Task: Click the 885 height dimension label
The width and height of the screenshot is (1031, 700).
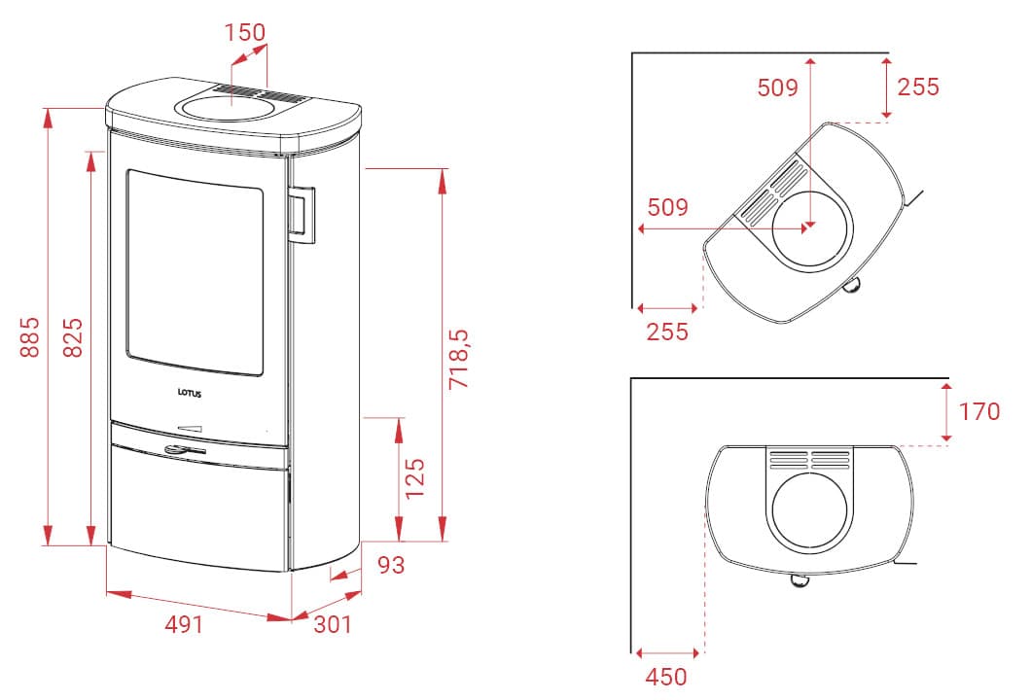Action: coord(29,335)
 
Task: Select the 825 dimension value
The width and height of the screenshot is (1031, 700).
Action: coord(73,335)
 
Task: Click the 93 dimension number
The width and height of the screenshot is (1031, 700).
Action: coord(391,565)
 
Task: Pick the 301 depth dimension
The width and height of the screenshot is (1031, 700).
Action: coord(333,624)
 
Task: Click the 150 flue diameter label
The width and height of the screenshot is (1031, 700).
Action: coord(244,32)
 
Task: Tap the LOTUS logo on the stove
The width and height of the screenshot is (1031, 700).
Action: coord(191,394)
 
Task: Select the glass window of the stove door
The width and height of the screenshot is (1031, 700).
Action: coord(194,272)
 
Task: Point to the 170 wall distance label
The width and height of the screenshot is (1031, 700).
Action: coord(978,411)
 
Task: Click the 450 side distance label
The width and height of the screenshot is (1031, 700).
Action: coord(666,677)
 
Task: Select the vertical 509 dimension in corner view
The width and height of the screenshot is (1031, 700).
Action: coord(777,87)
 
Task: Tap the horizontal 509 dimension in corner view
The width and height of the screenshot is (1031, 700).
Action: coord(667,207)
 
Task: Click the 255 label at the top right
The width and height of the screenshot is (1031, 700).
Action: coord(918,87)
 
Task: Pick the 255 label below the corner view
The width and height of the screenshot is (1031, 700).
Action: coord(667,332)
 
